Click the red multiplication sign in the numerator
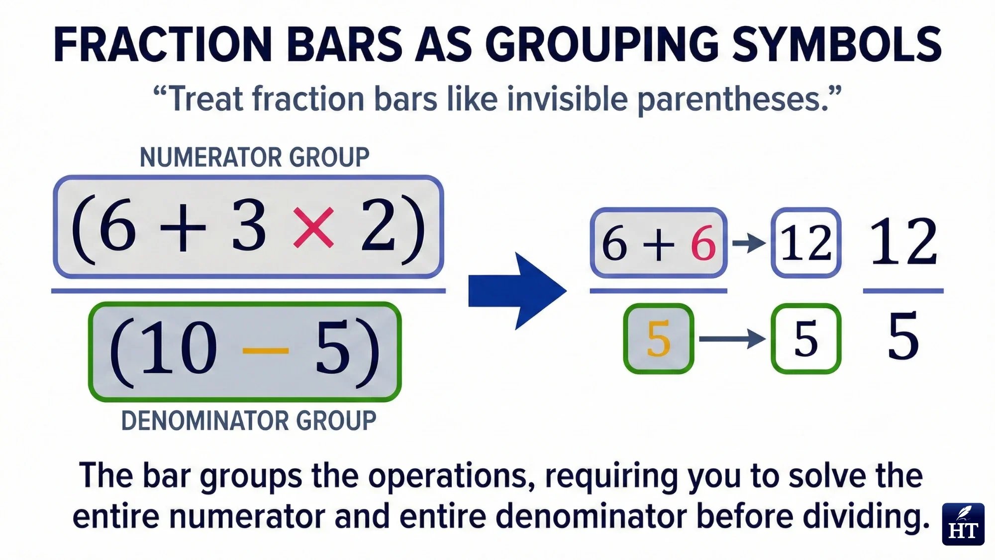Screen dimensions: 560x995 click(313, 228)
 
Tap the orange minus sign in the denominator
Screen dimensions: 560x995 click(265, 350)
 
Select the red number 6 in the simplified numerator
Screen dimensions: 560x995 click(703, 243)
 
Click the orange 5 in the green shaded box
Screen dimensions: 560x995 click(659, 339)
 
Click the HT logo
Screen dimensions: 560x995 click(963, 524)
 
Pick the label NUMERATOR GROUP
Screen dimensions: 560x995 click(254, 157)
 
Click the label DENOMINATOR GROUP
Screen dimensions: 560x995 click(249, 421)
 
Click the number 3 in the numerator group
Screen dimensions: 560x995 click(249, 226)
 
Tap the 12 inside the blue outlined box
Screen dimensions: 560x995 click(806, 243)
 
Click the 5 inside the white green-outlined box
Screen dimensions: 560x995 click(806, 339)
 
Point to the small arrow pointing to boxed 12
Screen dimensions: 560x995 click(749, 243)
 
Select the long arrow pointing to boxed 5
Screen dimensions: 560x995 click(732, 339)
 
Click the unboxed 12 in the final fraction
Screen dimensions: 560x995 click(903, 242)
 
